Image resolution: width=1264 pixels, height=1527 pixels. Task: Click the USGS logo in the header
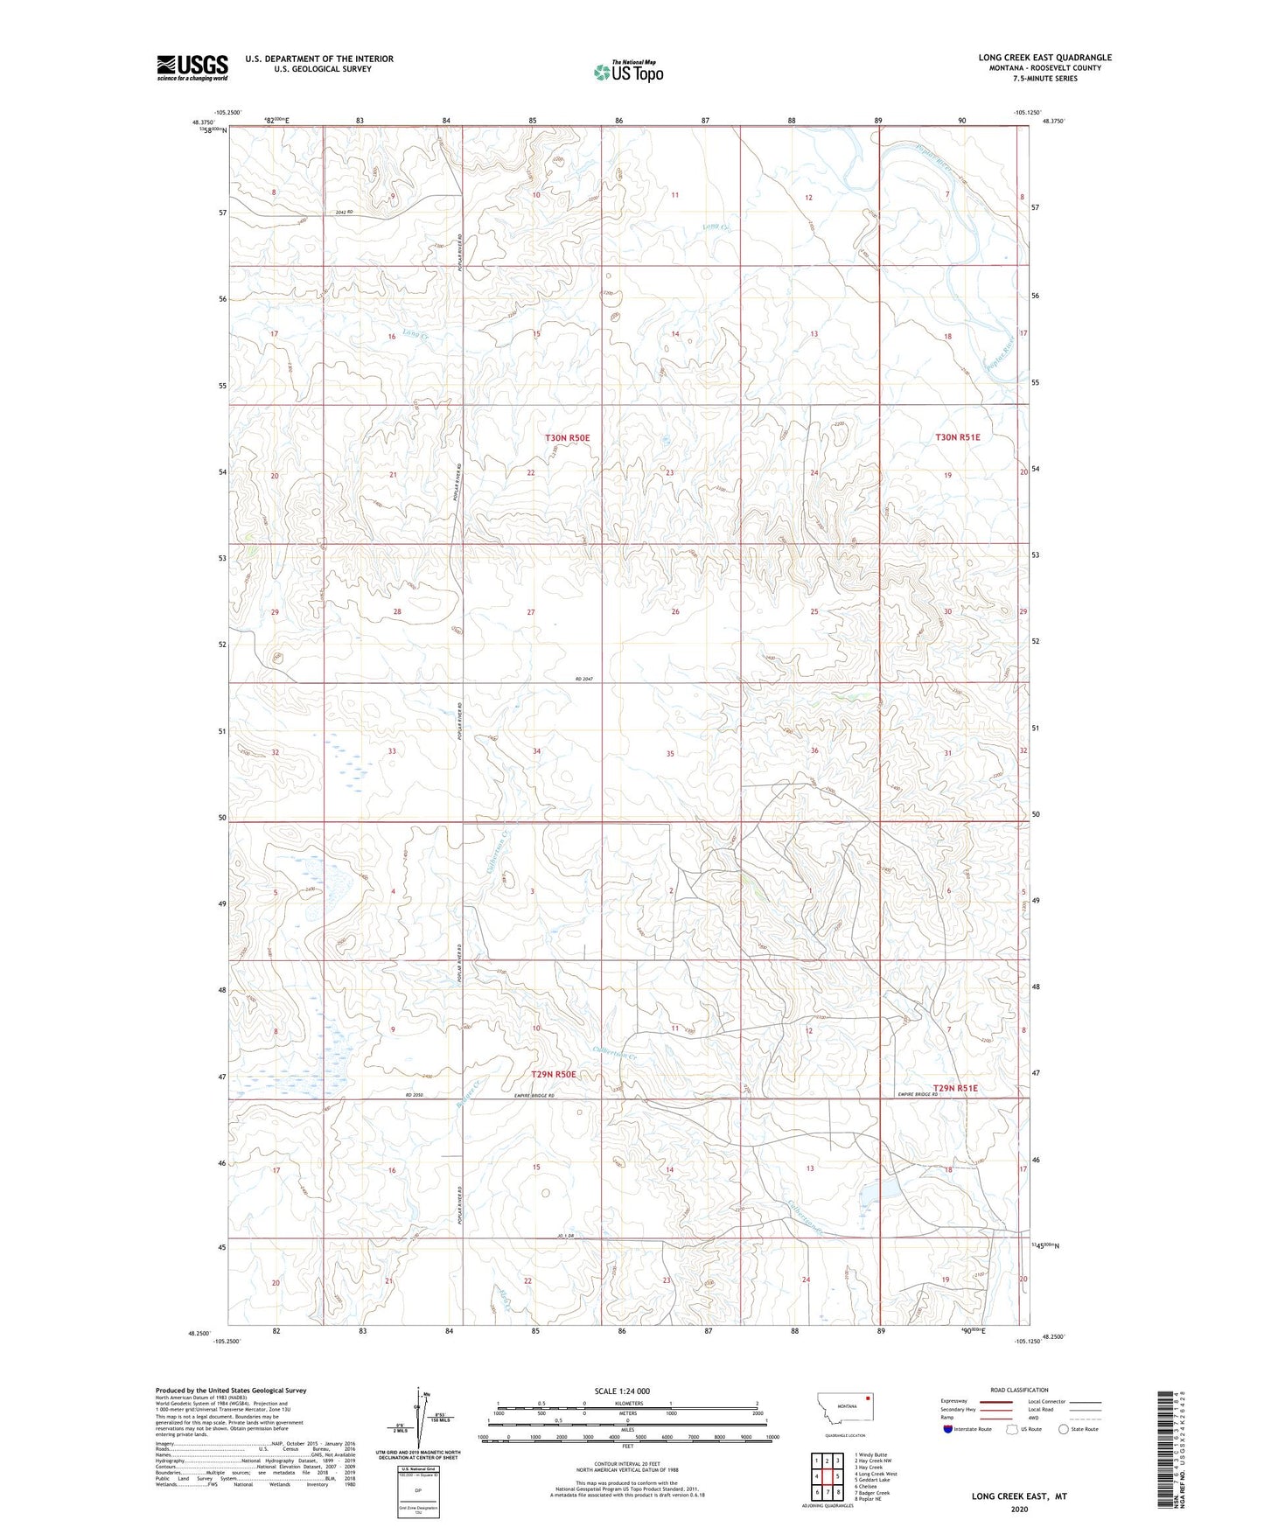point(192,67)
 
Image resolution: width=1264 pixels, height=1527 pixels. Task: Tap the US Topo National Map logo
point(628,71)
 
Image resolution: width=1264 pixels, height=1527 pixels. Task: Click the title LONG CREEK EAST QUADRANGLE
point(1044,58)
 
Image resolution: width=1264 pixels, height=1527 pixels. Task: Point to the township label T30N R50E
point(568,437)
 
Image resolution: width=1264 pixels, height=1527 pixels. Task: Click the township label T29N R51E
point(955,1088)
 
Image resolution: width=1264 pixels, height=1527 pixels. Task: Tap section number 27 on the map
point(531,612)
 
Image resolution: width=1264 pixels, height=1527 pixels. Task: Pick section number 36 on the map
point(814,750)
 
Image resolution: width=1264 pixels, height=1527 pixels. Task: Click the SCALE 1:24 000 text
point(622,1391)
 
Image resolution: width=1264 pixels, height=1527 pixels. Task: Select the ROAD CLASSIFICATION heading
point(1020,1390)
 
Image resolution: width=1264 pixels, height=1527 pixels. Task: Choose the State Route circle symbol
point(1064,1429)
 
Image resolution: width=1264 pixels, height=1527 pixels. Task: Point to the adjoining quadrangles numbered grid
point(827,1474)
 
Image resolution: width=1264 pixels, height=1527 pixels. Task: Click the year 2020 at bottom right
point(1019,1509)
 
